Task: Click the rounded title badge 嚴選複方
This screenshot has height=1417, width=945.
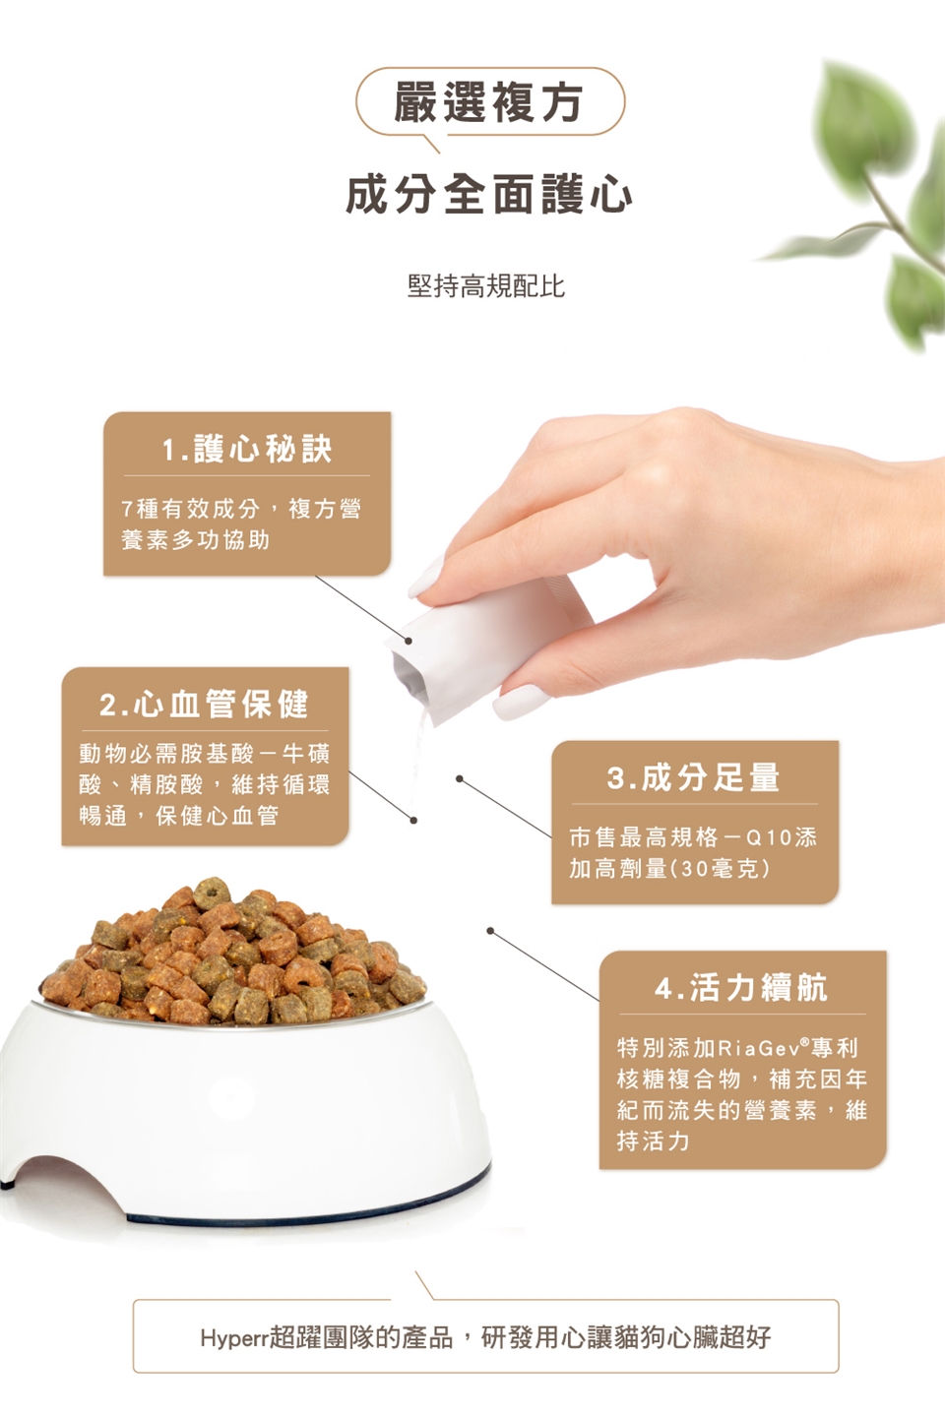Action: [x=490, y=101]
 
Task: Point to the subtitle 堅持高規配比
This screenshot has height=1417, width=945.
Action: [x=486, y=286]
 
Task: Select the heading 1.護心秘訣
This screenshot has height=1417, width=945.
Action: [x=247, y=449]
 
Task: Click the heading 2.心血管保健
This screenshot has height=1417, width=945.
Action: [x=205, y=705]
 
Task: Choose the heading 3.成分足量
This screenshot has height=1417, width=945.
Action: [x=694, y=777]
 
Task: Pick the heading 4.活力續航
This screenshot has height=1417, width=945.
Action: [x=741, y=988]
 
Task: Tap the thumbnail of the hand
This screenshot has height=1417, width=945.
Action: [x=521, y=702]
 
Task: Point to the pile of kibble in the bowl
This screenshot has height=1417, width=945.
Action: [x=233, y=954]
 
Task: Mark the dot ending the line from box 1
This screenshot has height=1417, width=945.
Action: [x=409, y=641]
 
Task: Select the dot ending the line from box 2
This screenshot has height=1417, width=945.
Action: [x=413, y=821]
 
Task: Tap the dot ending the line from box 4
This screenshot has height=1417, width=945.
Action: [x=490, y=931]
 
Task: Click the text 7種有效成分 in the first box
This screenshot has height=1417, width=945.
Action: [x=191, y=509]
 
